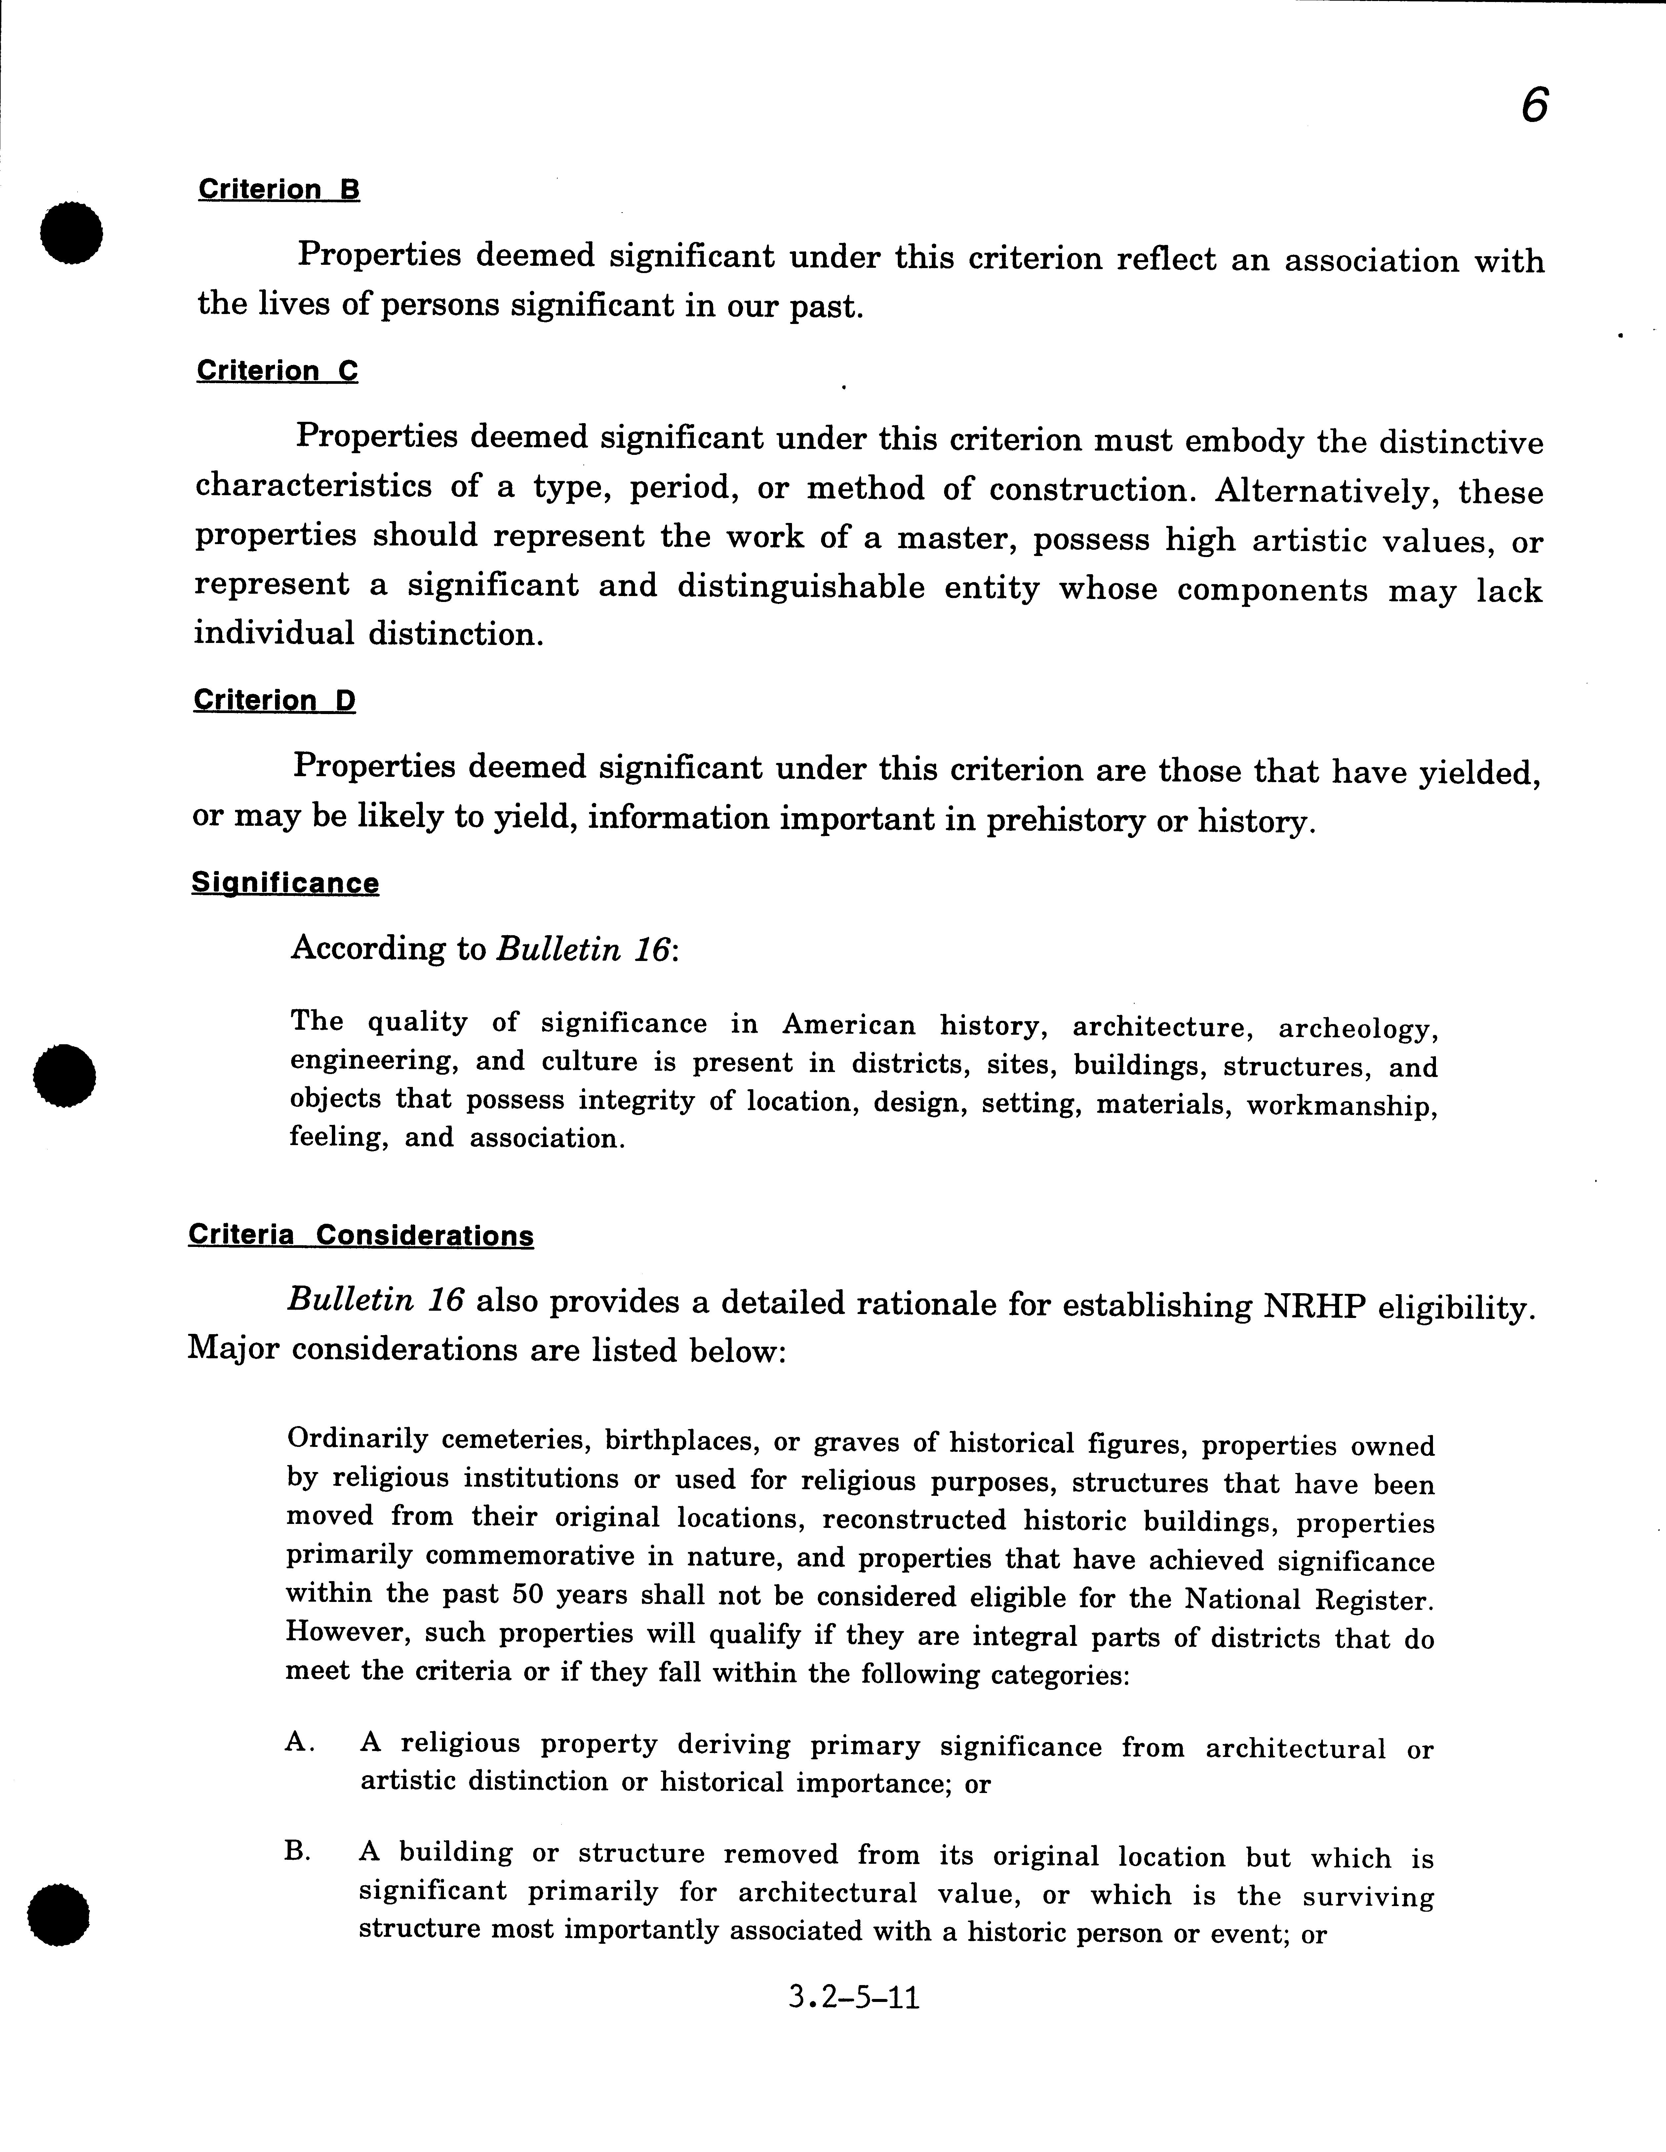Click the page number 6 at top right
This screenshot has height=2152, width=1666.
point(1534,105)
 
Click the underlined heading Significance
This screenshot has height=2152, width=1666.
point(285,883)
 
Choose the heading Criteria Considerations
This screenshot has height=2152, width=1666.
point(361,1236)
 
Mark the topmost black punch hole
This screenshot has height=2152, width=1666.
point(71,232)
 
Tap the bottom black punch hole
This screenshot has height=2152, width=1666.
point(59,1914)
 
